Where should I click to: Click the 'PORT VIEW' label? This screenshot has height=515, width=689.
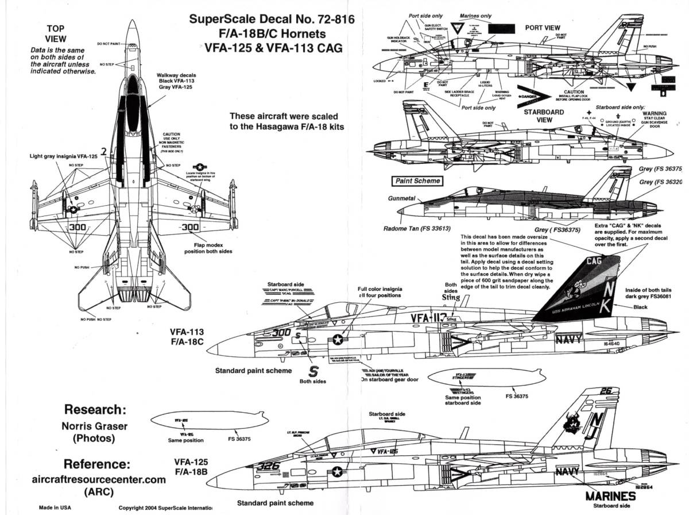[x=543, y=28]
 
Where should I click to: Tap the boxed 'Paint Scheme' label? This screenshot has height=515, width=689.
[x=418, y=180]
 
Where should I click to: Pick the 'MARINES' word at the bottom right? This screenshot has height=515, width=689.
[x=610, y=497]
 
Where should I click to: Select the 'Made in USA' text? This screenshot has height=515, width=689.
[x=56, y=508]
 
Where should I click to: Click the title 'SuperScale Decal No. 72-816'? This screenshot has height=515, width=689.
[x=266, y=19]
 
